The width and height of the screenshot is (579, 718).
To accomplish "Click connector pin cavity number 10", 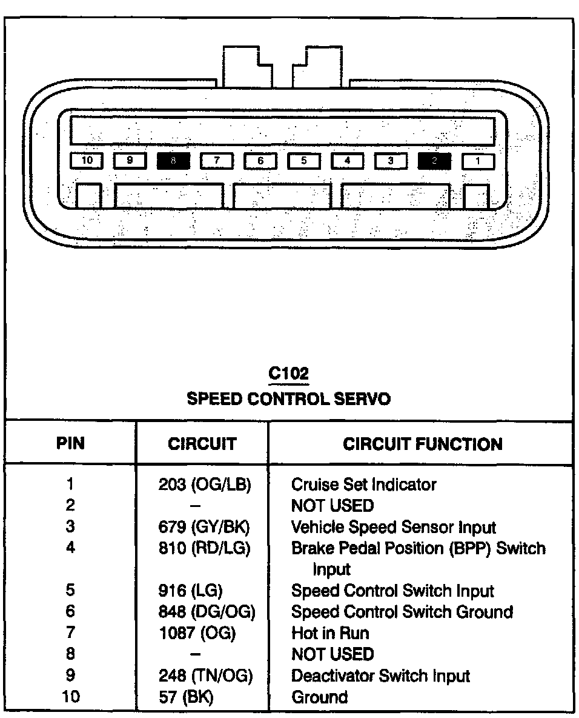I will coord(87,161).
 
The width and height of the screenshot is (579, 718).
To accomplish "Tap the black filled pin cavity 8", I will coord(173,161).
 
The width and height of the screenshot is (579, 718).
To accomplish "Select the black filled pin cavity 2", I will coord(434,161).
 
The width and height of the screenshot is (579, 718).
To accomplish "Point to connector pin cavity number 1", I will coord(478,161).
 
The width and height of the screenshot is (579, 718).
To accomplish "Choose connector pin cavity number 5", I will coord(303,161).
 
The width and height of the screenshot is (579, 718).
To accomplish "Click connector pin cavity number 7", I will coord(216,161).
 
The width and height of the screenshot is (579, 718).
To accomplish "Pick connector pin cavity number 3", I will coord(391,161).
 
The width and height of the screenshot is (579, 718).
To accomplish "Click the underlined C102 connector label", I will coord(288,374).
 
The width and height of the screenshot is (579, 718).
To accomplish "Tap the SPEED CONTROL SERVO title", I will coord(288,398).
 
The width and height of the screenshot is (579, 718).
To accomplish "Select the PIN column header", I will coord(71,443).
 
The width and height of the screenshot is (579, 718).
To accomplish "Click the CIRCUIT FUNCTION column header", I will coord(422,444).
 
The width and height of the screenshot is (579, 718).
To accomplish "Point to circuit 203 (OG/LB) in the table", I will coord(204,485).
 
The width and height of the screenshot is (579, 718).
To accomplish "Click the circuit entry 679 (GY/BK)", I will coord(203,527).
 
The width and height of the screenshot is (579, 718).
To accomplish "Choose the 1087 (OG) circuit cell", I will coord(196,633).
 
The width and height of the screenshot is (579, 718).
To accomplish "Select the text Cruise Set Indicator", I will coord(363,485).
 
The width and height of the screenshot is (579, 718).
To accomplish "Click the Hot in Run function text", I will coord(330,633).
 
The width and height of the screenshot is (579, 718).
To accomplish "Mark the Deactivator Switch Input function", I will coord(380,676).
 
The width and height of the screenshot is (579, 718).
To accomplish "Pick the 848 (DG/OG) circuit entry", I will coord(206,612).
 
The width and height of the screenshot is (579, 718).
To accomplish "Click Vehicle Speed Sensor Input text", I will coord(393,527).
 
